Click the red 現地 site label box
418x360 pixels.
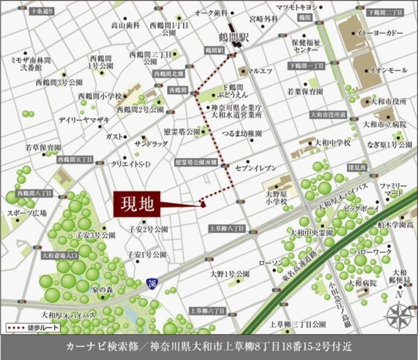point(137,204)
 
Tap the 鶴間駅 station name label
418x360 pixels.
point(235,37)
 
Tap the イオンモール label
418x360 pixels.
point(388,70)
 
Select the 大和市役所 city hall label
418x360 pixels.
point(389,101)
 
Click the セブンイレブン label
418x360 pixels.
point(256,167)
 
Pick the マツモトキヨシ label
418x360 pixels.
point(296,7)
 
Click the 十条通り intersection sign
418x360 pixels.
point(41,10)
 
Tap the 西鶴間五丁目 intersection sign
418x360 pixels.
point(75,160)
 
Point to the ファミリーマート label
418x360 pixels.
point(393,189)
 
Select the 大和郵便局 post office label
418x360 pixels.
point(401,276)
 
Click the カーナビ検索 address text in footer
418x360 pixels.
point(209,347)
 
